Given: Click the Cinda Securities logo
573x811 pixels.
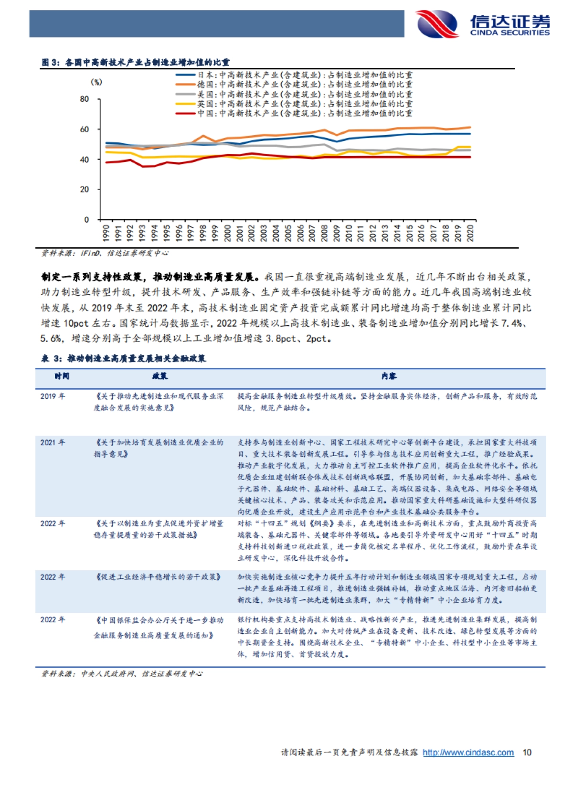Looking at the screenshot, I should tap(482, 24).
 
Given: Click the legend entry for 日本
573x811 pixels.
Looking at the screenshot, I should tap(294, 75).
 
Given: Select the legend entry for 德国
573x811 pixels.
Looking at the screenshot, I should tap(294, 85).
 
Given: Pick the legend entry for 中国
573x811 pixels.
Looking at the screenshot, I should tap(294, 113).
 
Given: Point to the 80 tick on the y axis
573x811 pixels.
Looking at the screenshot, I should tap(85, 99).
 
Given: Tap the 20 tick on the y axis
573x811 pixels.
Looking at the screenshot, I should tap(85, 190).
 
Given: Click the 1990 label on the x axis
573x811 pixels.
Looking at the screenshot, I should tap(106, 233).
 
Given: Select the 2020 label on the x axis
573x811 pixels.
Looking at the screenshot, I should tap(470, 233).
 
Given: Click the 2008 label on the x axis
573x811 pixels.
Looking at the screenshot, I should tap(324, 233).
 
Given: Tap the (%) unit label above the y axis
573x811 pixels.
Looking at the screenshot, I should tap(96, 82).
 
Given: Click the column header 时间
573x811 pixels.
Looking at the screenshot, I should tap(62, 376).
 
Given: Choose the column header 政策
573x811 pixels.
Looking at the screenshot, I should tap(160, 376).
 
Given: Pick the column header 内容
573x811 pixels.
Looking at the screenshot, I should tap(389, 376).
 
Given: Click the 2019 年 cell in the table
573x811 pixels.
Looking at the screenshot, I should tap(53, 396).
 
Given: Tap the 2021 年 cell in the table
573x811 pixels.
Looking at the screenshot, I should tap(53, 443).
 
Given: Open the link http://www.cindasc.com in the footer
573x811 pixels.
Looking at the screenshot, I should tap(468, 753).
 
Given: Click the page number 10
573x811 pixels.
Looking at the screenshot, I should tap(527, 753).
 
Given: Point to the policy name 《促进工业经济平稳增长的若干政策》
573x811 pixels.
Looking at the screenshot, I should tap(158, 577).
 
